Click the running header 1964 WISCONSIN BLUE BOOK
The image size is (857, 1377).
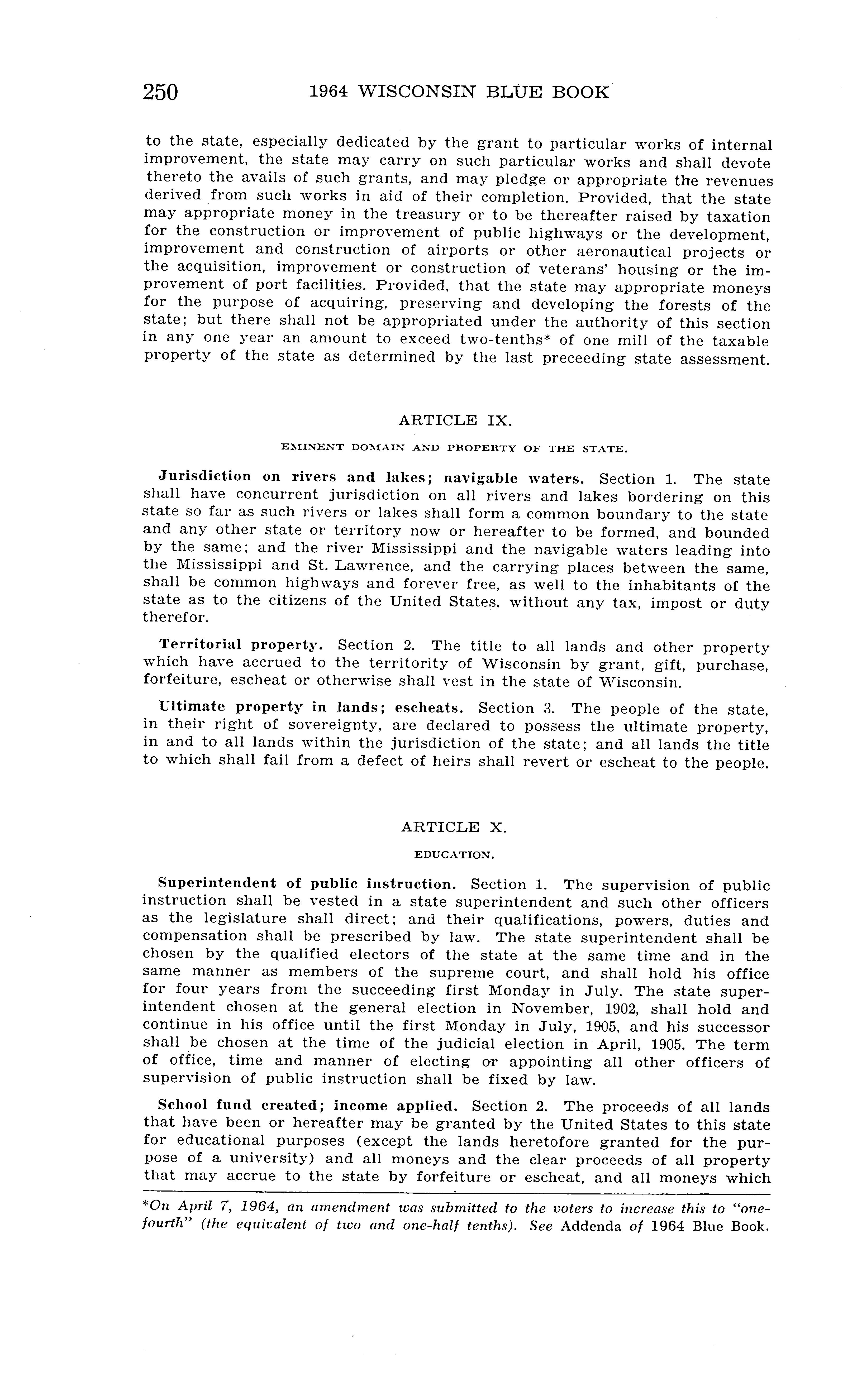[x=459, y=92]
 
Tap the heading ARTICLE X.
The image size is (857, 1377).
[x=454, y=827]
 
